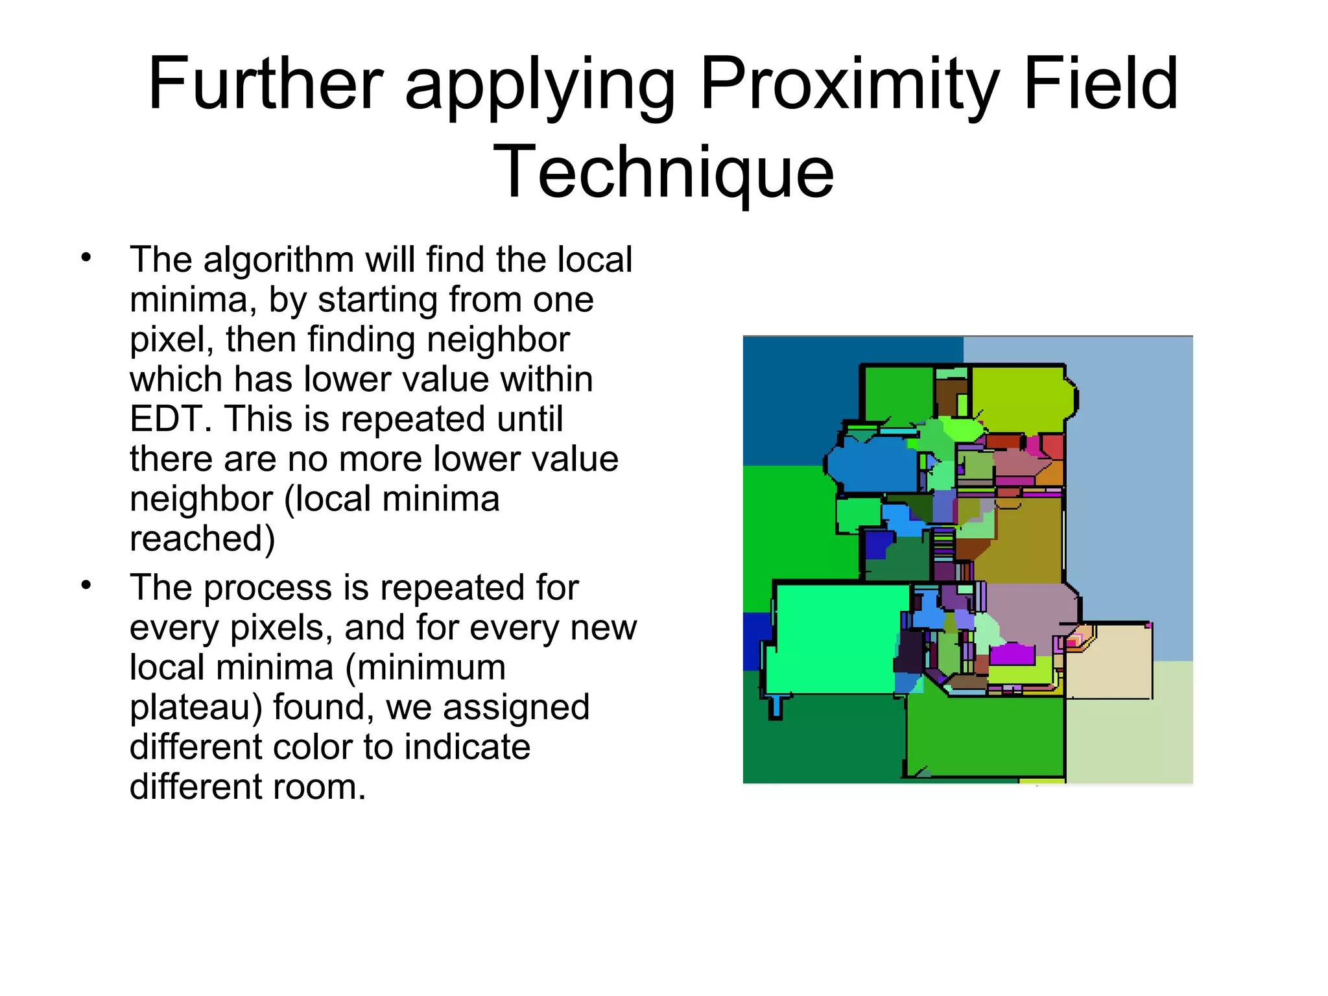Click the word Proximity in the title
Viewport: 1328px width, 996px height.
click(848, 84)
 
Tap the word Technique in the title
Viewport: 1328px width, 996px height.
click(663, 172)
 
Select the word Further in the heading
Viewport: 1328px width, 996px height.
click(266, 84)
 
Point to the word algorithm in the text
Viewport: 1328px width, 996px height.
click(278, 260)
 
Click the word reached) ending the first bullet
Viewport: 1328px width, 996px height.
click(202, 539)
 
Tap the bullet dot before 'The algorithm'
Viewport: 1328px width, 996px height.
click(86, 258)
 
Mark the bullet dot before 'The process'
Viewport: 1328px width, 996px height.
click(86, 586)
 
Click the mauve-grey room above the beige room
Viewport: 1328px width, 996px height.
click(1031, 613)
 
